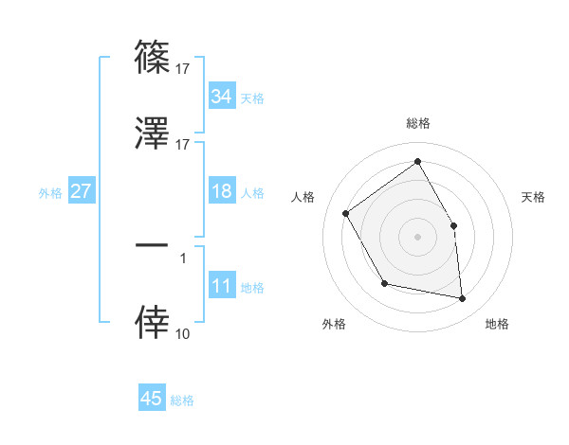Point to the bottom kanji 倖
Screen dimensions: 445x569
tap(152, 324)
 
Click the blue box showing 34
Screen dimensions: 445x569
tap(221, 97)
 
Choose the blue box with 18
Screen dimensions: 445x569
tap(221, 191)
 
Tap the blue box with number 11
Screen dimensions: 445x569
tap(221, 287)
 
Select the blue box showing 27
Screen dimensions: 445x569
tap(81, 191)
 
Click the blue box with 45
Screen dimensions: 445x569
tap(151, 399)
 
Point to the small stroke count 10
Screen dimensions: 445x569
tap(183, 333)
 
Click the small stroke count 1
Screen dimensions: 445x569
tap(183, 257)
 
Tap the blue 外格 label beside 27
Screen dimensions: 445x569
tap(50, 192)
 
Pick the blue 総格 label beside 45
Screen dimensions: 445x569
tap(182, 400)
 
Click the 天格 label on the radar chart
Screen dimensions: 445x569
tap(533, 197)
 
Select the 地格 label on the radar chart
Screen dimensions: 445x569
tap(497, 324)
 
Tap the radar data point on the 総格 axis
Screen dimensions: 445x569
tap(417, 161)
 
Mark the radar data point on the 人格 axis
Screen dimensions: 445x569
tap(346, 214)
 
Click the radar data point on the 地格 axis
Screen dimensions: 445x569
tap(462, 299)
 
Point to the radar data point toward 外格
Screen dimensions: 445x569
tap(384, 283)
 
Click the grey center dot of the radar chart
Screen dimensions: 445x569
tap(417, 237)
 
